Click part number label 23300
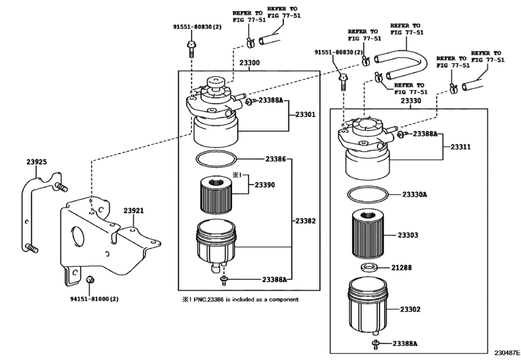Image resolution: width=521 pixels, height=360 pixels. click(x=249, y=63)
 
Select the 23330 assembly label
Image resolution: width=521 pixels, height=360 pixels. click(x=411, y=101)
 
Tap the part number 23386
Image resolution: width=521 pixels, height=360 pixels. click(x=276, y=159)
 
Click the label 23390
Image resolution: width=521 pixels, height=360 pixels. click(x=265, y=184)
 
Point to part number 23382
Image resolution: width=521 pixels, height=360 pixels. click(x=306, y=221)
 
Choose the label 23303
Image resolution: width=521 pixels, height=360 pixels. click(x=408, y=235)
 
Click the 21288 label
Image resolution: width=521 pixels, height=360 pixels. click(x=402, y=267)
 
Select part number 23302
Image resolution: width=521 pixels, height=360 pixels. click(x=411, y=309)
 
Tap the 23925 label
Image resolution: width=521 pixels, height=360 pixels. click(x=37, y=162)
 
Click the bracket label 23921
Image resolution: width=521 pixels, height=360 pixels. click(x=134, y=210)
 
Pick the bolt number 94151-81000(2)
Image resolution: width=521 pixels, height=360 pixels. click(x=94, y=299)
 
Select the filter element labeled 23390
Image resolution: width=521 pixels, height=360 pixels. click(x=216, y=196)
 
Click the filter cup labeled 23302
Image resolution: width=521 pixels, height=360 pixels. click(x=368, y=306)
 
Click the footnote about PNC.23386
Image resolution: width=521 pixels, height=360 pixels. click(x=240, y=300)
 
